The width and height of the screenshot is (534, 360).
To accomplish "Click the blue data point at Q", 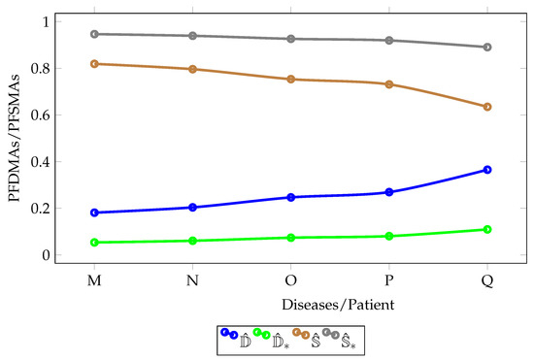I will [487, 170].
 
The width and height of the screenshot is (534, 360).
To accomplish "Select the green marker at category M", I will [94, 243].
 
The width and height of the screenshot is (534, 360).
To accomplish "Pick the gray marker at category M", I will [94, 34].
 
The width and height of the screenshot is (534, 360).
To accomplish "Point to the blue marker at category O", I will [290, 197].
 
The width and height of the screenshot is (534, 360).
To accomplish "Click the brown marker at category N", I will [192, 69].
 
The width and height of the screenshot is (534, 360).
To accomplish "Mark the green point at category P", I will [389, 236].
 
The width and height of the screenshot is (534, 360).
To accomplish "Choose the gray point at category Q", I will [487, 47].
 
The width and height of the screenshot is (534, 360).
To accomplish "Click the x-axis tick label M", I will [94, 280].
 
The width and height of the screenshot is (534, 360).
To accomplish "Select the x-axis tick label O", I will [290, 280].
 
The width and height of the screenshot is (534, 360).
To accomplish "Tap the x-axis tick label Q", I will [487, 280].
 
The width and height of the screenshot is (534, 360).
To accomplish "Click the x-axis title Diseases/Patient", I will [290, 304].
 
